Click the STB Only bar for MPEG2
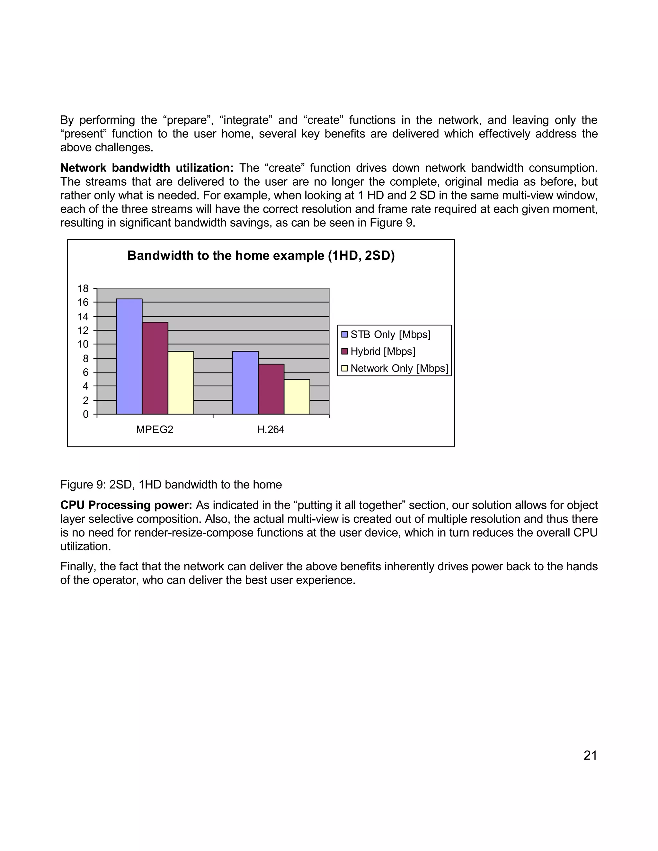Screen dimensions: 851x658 pyautogui.click(x=129, y=356)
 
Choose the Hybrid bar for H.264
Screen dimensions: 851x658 pyautogui.click(x=271, y=389)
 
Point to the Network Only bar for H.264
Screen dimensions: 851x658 pyautogui.click(x=297, y=397)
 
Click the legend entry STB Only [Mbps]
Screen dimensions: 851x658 pyautogui.click(x=390, y=334)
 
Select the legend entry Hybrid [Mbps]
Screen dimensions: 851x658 pyautogui.click(x=382, y=351)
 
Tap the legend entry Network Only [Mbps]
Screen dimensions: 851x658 pyautogui.click(x=399, y=368)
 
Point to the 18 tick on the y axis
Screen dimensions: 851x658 pyautogui.click(x=83, y=288)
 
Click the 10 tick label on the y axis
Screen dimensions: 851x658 pyautogui.click(x=83, y=344)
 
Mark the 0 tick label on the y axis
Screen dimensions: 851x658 pyautogui.click(x=86, y=414)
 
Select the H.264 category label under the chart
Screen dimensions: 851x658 pyautogui.click(x=271, y=429)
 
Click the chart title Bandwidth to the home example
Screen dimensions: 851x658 pyautogui.click(x=261, y=256)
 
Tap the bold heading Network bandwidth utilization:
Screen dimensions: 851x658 pyautogui.click(x=147, y=168)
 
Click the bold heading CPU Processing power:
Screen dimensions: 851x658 pyautogui.click(x=126, y=505)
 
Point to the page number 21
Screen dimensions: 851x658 pyautogui.click(x=590, y=755)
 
